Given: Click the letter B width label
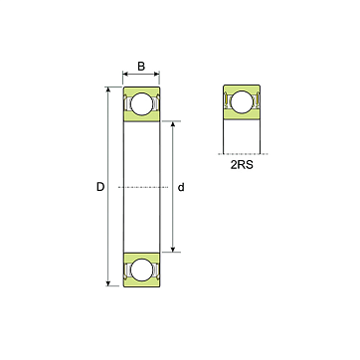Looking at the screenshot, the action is [x=141, y=67].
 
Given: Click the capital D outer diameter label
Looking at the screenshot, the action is [x=100, y=187].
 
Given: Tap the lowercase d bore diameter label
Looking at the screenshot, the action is [x=181, y=187].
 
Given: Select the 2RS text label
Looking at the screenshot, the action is [x=242, y=165].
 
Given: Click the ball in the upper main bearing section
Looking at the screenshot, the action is [x=142, y=103].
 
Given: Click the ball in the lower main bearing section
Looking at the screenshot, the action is [x=142, y=270].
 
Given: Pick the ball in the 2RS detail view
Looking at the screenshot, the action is [x=242, y=101].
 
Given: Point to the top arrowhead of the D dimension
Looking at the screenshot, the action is [x=108, y=90].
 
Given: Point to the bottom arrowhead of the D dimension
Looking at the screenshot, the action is [x=108, y=282].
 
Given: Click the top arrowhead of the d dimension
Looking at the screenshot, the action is [x=173, y=124].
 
